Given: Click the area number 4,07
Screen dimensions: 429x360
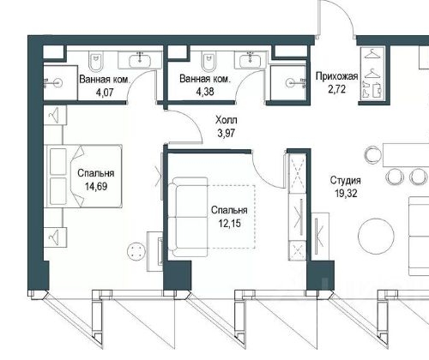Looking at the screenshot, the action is (x=105, y=93).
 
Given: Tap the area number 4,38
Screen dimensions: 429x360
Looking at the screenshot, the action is (x=205, y=92).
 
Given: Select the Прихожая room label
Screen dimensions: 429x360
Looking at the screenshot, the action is (x=337, y=76).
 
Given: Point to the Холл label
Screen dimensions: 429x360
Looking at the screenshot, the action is (x=227, y=120).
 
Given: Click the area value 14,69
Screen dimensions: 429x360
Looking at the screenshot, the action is (x=96, y=187).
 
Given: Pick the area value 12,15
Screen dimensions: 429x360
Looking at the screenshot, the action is (x=229, y=224).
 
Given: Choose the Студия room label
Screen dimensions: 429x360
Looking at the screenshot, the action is (x=346, y=181).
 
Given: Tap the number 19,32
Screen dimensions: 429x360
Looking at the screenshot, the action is (x=347, y=194).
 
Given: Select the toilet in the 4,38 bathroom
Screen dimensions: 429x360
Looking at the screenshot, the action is (x=208, y=61).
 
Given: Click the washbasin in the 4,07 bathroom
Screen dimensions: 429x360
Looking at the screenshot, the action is (x=140, y=60).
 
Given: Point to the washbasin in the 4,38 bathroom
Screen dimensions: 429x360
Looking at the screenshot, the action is (x=251, y=60).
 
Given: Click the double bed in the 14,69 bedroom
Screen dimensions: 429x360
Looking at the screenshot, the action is (x=83, y=176).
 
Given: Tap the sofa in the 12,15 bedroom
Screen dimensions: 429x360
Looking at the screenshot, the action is (x=188, y=217).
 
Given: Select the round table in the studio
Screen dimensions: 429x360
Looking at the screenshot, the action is (x=376, y=236).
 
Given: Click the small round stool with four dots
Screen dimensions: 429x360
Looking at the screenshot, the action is (x=136, y=250).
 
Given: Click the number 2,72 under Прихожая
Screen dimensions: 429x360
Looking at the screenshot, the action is (x=337, y=89).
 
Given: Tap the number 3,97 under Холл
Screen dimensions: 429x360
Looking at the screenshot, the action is (x=227, y=134).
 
